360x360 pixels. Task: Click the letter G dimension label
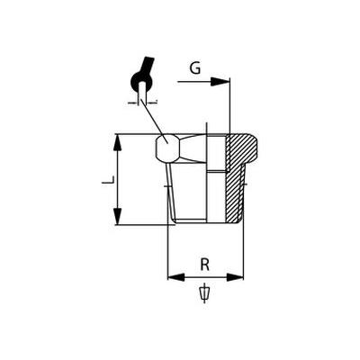pos(195,68)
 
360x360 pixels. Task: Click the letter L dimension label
pos(108,180)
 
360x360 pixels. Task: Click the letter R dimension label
pos(204,265)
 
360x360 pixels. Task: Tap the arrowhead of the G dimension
pos(220,81)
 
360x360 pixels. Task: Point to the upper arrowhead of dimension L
pos(119,143)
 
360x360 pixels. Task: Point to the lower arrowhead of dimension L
pos(119,216)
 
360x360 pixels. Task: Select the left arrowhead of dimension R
pos(176,277)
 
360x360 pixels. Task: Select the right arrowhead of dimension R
pos(235,277)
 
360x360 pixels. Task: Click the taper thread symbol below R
pos(204,292)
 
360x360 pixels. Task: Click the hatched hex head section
pos(241,150)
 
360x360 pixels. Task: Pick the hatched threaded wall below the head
pos(234,195)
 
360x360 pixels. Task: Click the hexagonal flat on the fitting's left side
pos(167,148)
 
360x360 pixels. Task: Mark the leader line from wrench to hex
pos(152,120)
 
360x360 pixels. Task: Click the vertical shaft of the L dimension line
pos(119,179)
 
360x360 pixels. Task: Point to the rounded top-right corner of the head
pos(255,139)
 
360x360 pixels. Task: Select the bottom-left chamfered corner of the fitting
pos(173,220)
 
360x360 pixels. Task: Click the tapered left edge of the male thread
pos(169,191)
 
